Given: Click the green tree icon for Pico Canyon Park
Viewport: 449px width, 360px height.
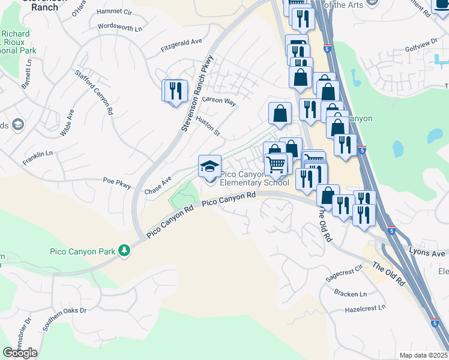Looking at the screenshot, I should pos(124,250).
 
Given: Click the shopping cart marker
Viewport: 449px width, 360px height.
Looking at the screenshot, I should pos(276,164).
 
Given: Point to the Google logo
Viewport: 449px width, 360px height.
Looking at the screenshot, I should pos(20,353).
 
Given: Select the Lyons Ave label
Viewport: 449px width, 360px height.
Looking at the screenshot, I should pos(427,253).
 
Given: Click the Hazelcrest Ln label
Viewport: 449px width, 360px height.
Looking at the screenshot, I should pos(365,307).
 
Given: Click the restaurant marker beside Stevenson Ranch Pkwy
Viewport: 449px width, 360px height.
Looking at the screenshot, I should pos(175,91).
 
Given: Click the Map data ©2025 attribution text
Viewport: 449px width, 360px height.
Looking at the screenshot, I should pos(423,355).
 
